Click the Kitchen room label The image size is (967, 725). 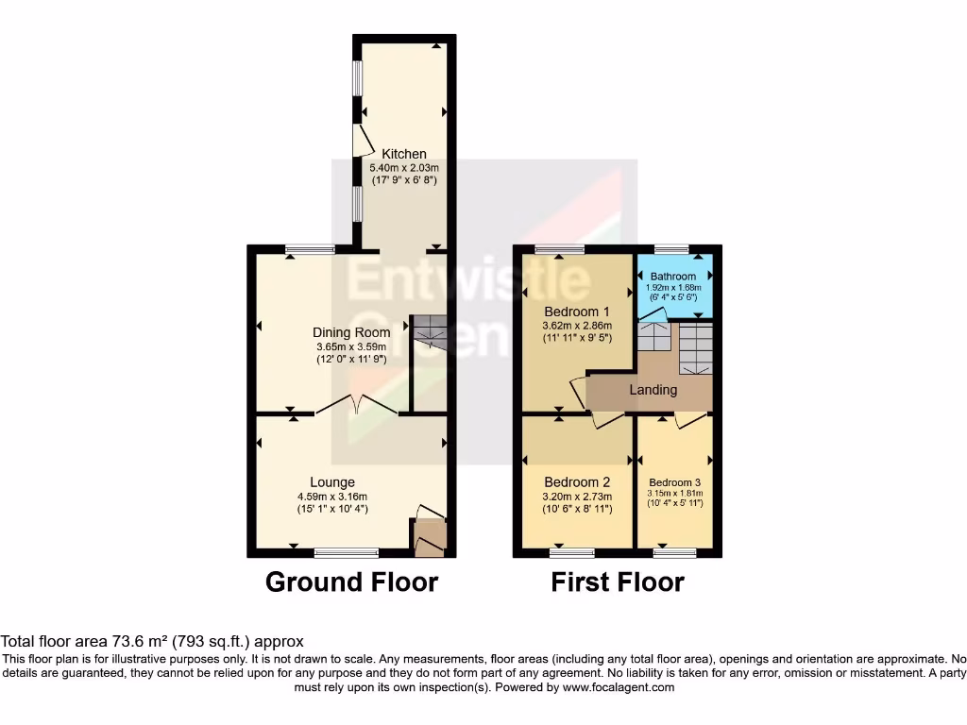pyautogui.click(x=403, y=154)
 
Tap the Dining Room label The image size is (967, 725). pyautogui.click(x=351, y=332)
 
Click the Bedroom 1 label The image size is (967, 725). pyautogui.click(x=577, y=312)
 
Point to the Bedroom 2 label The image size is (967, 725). pyautogui.click(x=577, y=482)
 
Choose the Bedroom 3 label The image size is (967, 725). pyautogui.click(x=674, y=481)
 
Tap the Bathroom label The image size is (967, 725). pyautogui.click(x=672, y=277)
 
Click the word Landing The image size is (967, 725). pyautogui.click(x=653, y=390)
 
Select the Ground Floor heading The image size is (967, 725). pyautogui.click(x=351, y=582)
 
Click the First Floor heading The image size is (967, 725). pyautogui.click(x=618, y=582)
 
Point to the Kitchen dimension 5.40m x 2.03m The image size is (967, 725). pyautogui.click(x=403, y=167)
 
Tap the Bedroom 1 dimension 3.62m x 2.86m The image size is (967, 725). pyautogui.click(x=577, y=326)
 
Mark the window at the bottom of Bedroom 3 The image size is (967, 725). pyautogui.click(x=674, y=552)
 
